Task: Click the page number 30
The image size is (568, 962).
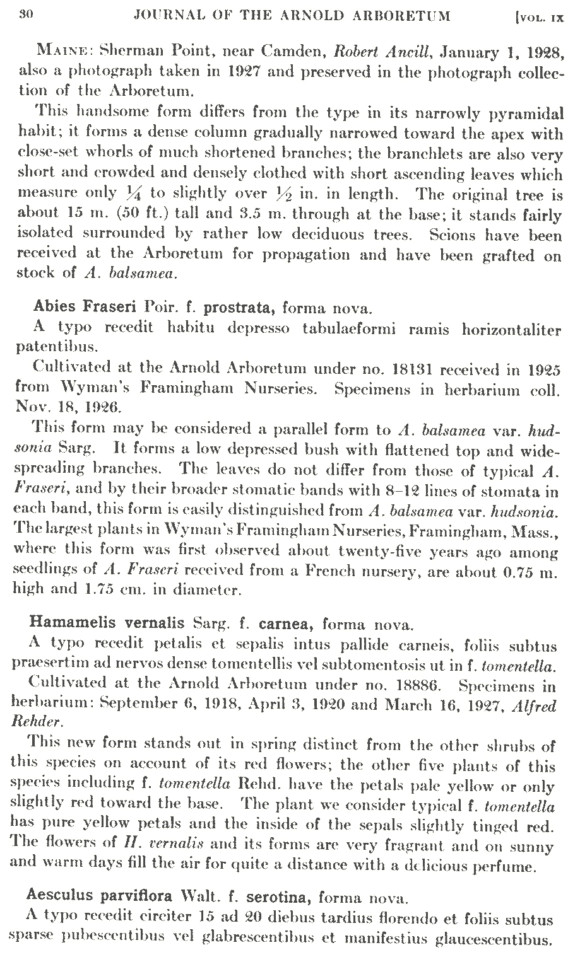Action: tap(26, 14)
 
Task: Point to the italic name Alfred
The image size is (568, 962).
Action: tap(535, 705)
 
